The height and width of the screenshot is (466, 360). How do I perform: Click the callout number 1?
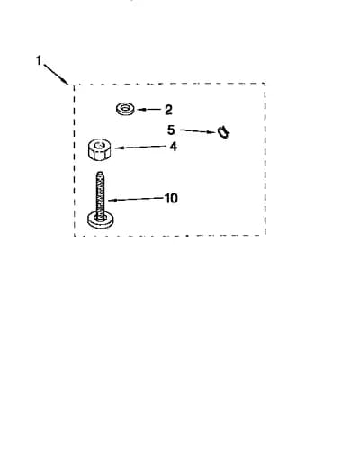(39, 60)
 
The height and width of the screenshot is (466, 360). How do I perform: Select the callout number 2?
(168, 110)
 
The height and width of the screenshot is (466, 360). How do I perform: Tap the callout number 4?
(174, 147)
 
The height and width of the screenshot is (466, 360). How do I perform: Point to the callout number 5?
(171, 130)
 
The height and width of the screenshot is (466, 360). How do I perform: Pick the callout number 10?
(171, 198)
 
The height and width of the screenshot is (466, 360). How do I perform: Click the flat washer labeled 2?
(125, 109)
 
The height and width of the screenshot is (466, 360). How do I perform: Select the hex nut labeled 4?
(100, 149)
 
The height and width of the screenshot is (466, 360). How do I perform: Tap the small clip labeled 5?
(223, 132)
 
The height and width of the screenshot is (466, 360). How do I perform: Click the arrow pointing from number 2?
(149, 110)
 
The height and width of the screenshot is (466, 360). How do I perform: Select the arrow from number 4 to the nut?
(140, 147)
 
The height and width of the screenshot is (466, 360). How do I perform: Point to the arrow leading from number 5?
(198, 131)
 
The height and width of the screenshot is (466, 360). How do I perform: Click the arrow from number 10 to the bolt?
(136, 199)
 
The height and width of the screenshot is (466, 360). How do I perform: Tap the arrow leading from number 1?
(56, 74)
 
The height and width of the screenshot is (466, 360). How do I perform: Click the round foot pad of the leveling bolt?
(101, 220)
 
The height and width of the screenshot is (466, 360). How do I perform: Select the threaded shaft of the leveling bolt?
(100, 193)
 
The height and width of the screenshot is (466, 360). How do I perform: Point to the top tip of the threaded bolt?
(100, 172)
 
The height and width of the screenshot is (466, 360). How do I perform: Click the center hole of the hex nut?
(98, 146)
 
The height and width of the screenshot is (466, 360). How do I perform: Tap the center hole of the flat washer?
(125, 107)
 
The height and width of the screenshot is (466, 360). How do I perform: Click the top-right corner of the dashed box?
(265, 84)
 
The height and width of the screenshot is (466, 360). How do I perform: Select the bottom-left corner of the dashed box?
(75, 236)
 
